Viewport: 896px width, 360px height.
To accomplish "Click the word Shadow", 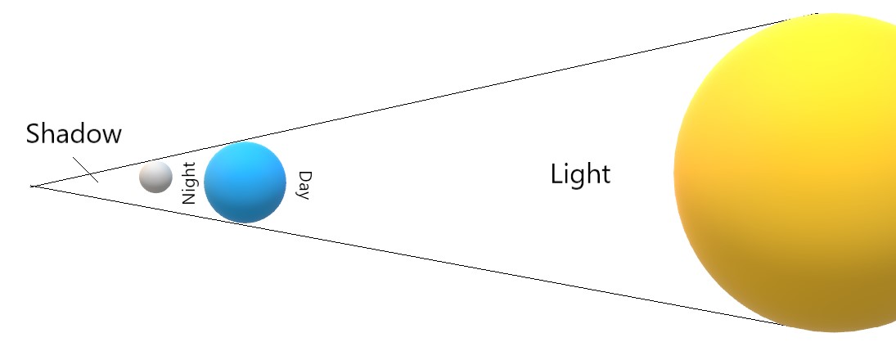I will pyautogui.click(x=74, y=133).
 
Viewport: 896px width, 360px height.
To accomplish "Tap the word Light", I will pyautogui.click(x=580, y=174).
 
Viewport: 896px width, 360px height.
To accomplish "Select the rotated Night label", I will pyautogui.click(x=190, y=182).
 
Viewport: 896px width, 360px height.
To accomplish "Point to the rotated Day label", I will pyautogui.click(x=304, y=185).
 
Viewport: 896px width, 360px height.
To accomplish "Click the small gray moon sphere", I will pyautogui.click(x=155, y=177).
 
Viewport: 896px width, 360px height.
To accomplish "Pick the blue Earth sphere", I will pyautogui.click(x=245, y=182).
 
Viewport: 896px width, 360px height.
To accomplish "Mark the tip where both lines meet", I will pyautogui.click(x=32, y=187).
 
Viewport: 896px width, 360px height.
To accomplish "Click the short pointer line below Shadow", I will pyautogui.click(x=86, y=169).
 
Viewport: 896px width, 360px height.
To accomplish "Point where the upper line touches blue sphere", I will pyautogui.click(x=238, y=142).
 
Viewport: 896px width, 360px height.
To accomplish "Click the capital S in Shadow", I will pyautogui.click(x=34, y=133).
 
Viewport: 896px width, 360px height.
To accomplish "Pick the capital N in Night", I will pyautogui.click(x=190, y=198).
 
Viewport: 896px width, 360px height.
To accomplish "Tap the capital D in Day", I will pyautogui.click(x=304, y=176).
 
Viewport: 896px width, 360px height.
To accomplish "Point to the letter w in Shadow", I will pyautogui.click(x=110, y=136).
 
